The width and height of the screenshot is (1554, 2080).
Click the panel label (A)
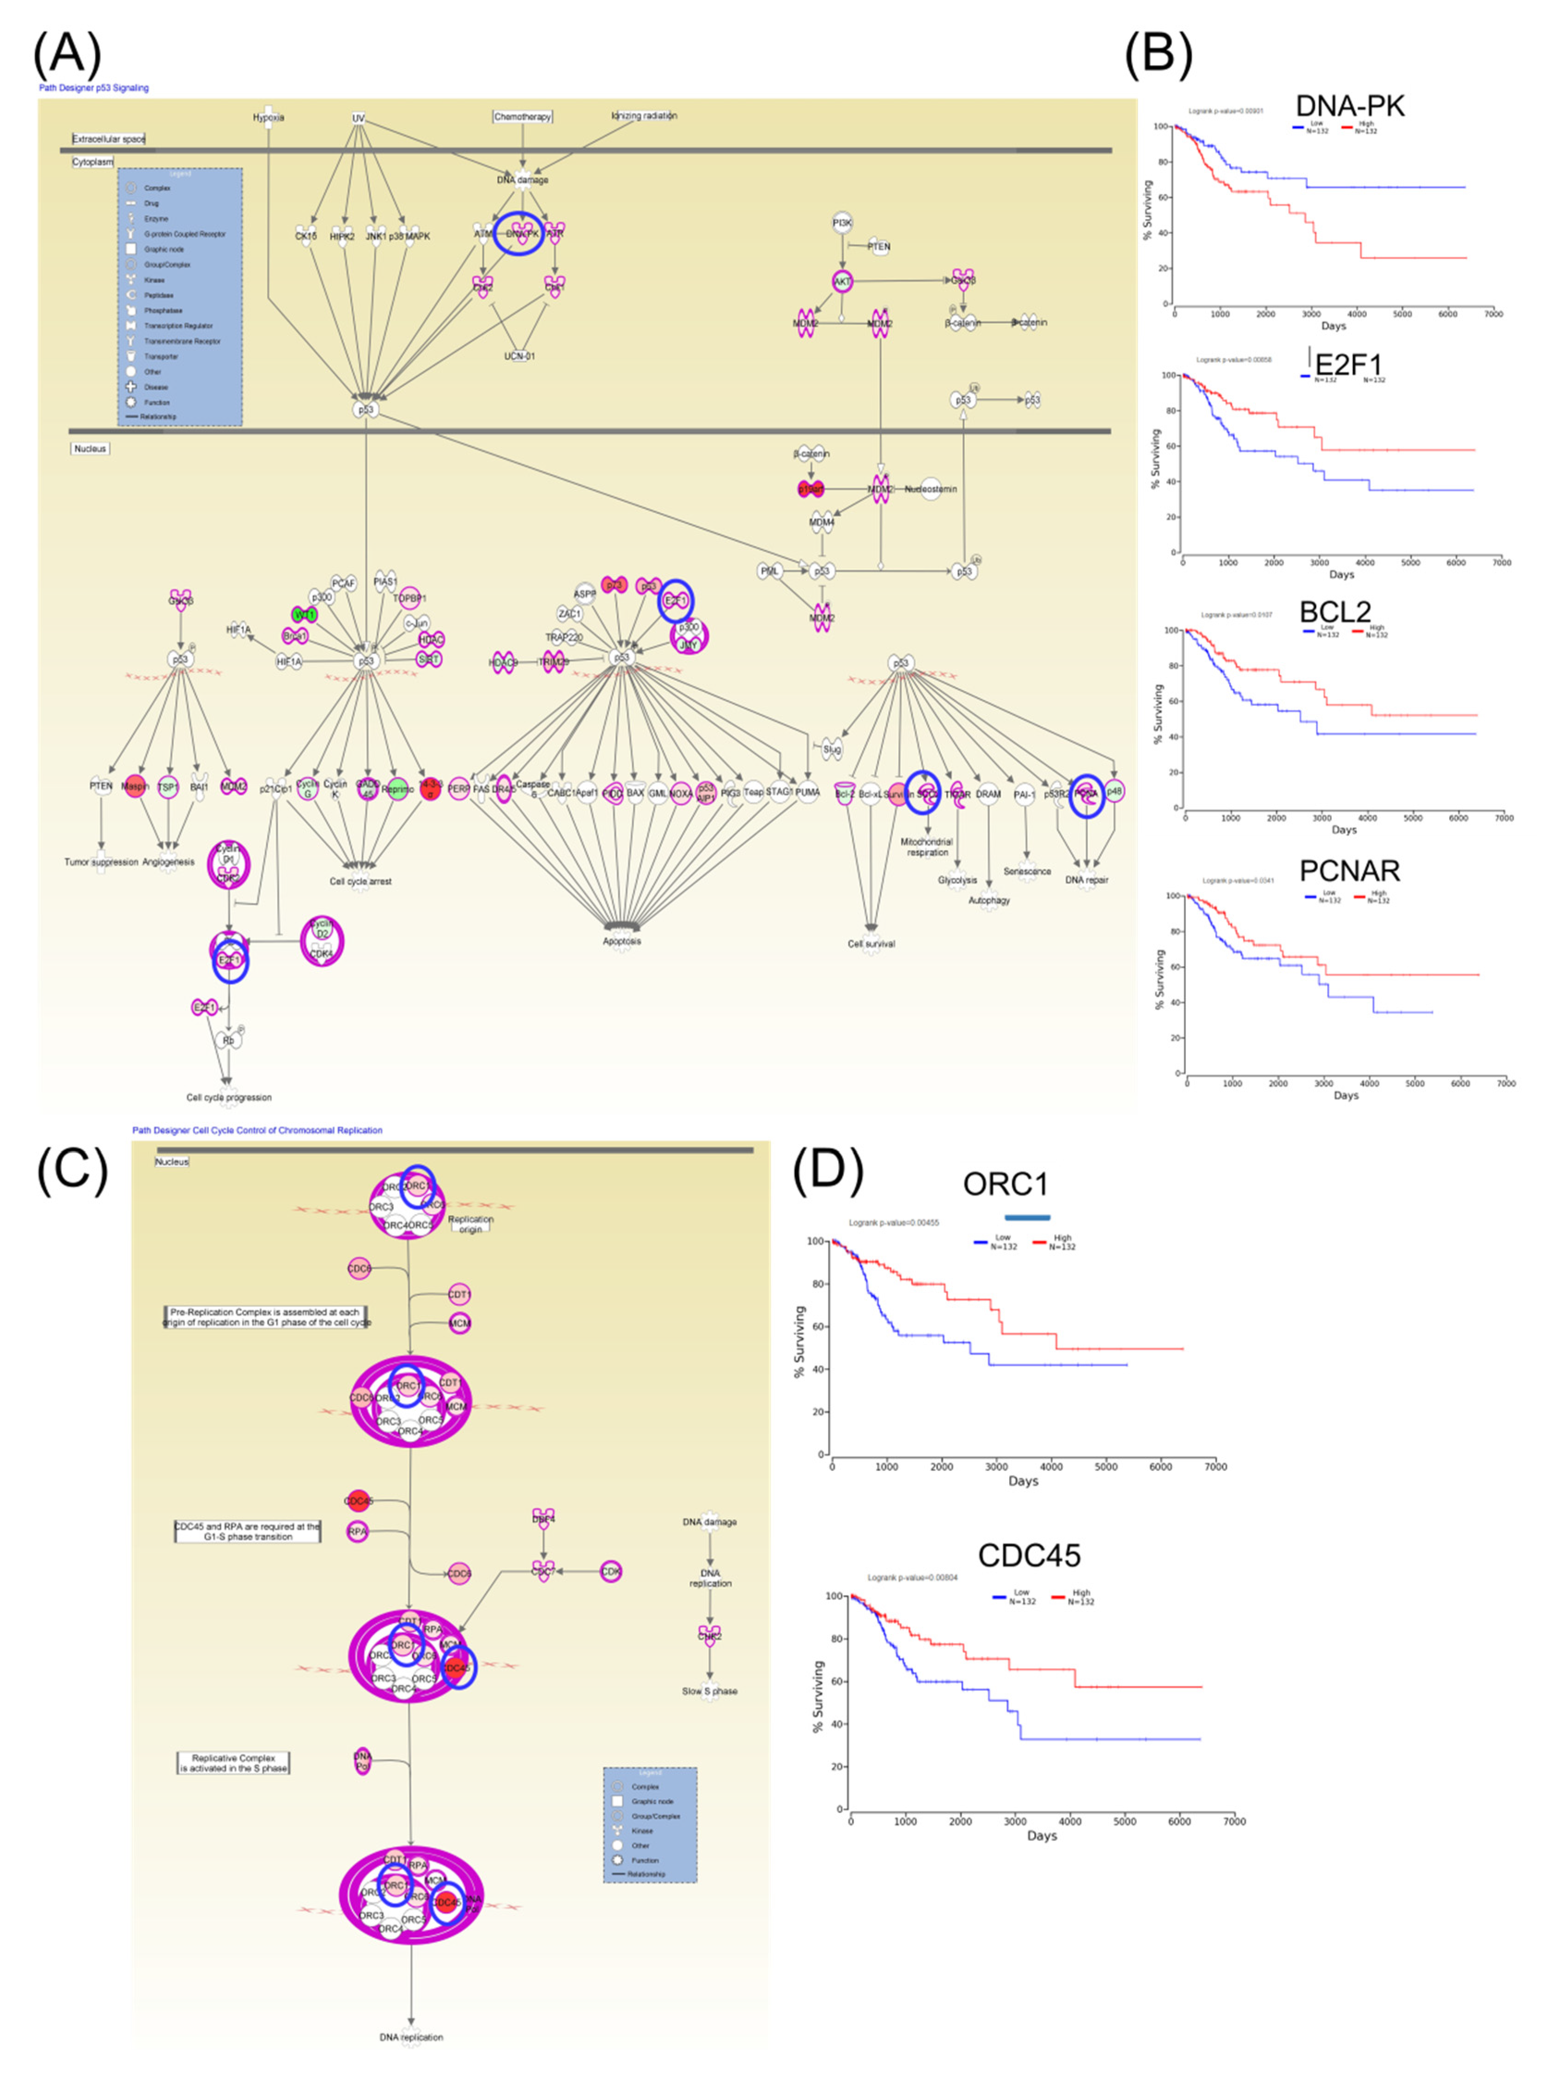[66, 55]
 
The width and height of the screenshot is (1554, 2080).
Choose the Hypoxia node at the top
[268, 117]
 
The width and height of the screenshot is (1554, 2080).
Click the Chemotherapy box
[523, 116]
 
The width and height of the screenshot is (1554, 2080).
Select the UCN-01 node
[519, 356]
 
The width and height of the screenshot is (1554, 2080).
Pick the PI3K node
[841, 223]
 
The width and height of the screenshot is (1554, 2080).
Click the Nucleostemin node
[930, 489]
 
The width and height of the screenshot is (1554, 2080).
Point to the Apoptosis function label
[622, 940]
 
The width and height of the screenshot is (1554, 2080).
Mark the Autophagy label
[989, 900]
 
